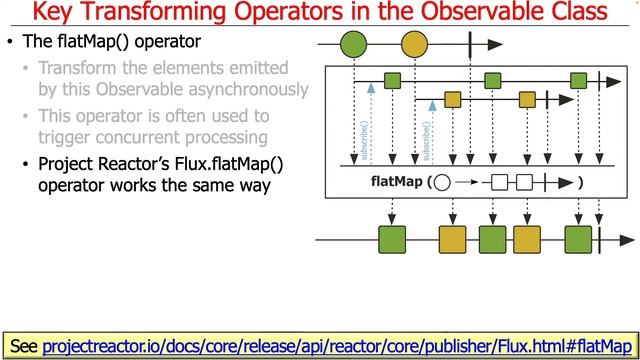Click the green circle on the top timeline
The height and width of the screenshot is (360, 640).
pos(353,45)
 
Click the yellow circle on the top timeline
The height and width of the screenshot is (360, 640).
pos(413,45)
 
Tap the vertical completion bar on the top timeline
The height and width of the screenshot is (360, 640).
pos(468,45)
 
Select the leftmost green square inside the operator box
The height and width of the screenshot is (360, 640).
pos(393,80)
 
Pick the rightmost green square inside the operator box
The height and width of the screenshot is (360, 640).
pos(578,80)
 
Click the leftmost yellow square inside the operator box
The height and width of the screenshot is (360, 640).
pos(453,99)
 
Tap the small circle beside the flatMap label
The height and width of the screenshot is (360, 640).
pos(443,183)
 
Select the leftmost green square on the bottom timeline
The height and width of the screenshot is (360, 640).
pos(392,240)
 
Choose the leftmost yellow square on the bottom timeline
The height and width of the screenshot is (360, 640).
pos(453,240)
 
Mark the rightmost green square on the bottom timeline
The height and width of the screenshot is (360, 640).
pos(579,240)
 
